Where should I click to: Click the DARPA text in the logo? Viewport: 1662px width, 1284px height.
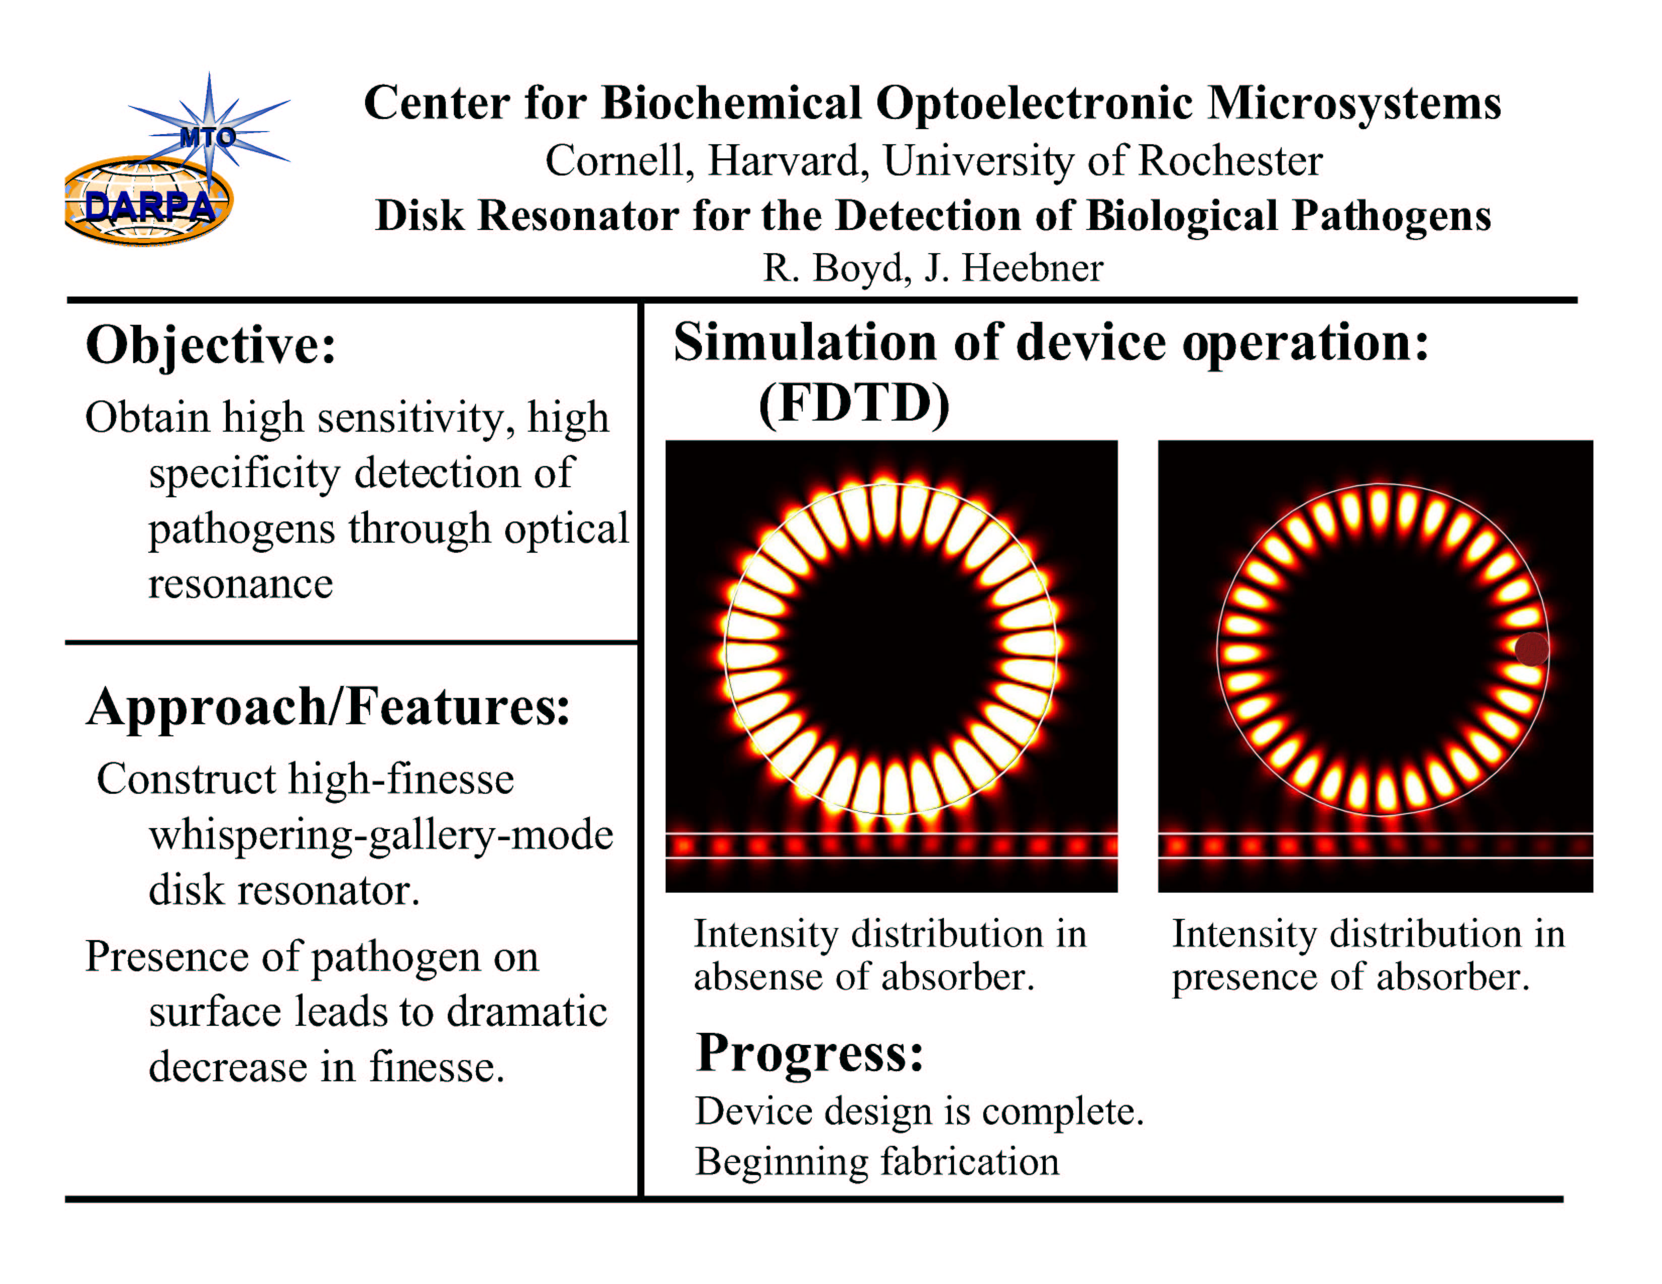[150, 207]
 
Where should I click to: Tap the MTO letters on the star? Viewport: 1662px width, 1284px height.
[207, 138]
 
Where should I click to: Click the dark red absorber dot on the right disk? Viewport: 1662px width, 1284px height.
[1531, 649]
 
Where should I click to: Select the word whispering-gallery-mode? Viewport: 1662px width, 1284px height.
[381, 836]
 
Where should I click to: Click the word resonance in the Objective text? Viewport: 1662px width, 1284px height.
[241, 585]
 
